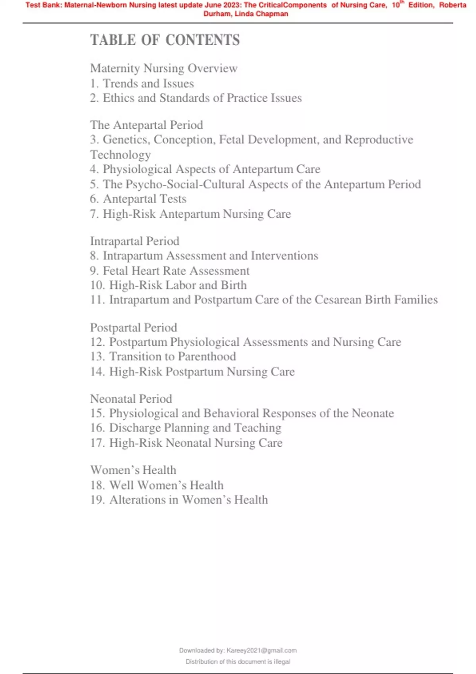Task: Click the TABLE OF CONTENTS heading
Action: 165,40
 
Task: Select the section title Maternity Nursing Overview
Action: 164,68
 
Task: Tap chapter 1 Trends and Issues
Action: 142,83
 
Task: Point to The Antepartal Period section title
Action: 146,125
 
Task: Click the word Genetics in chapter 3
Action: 126,140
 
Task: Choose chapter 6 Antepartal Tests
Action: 138,199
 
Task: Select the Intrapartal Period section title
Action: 134,241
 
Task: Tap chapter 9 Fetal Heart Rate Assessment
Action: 170,271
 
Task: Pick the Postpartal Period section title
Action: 133,327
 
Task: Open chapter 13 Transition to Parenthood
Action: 163,356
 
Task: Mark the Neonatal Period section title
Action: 131,398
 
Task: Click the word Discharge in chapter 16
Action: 135,428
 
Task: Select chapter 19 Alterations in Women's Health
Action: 179,500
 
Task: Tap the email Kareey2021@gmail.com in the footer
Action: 261,650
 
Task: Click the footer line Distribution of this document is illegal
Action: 238,661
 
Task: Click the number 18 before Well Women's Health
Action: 97,485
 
